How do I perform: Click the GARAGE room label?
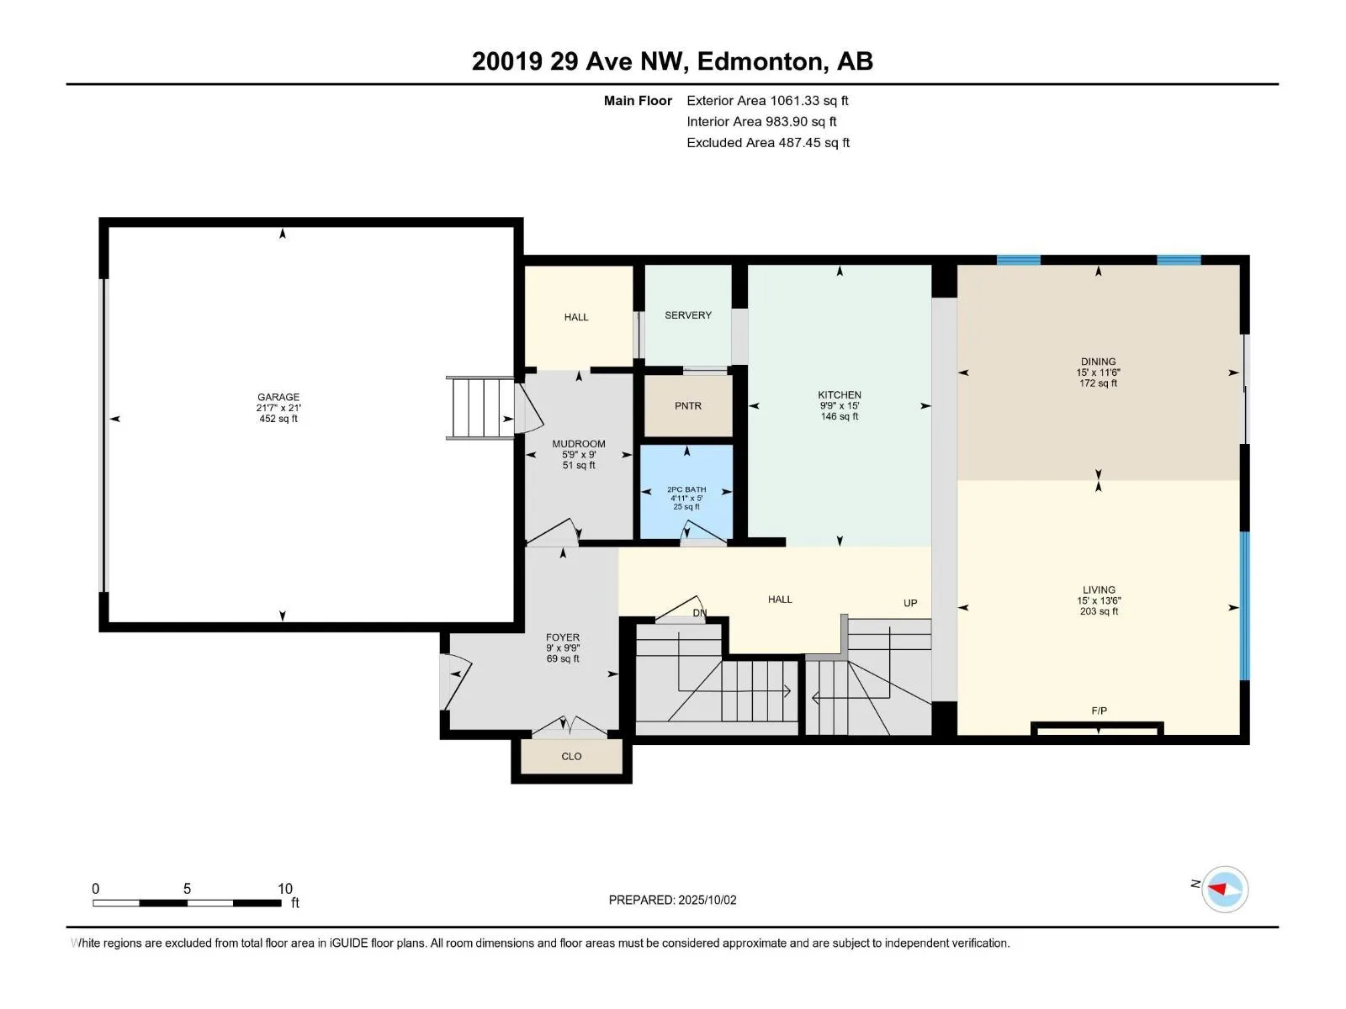point(278,397)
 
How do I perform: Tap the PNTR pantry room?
point(687,405)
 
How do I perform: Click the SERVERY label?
point(688,314)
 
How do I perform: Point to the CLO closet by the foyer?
point(571,757)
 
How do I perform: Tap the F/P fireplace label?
point(1099,711)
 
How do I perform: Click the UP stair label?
point(910,604)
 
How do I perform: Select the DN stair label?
point(700,613)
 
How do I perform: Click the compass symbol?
point(1225,889)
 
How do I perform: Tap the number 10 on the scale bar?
point(284,888)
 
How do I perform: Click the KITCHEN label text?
point(840,395)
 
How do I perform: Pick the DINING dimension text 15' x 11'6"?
point(1099,372)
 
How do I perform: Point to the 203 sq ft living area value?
point(1099,611)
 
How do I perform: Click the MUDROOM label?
point(578,444)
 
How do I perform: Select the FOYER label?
point(562,637)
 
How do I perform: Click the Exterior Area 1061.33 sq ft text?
point(767,100)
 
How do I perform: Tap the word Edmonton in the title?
point(759,61)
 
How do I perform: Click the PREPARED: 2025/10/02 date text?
point(672,900)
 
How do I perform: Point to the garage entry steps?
point(480,408)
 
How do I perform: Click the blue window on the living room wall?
point(1245,605)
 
